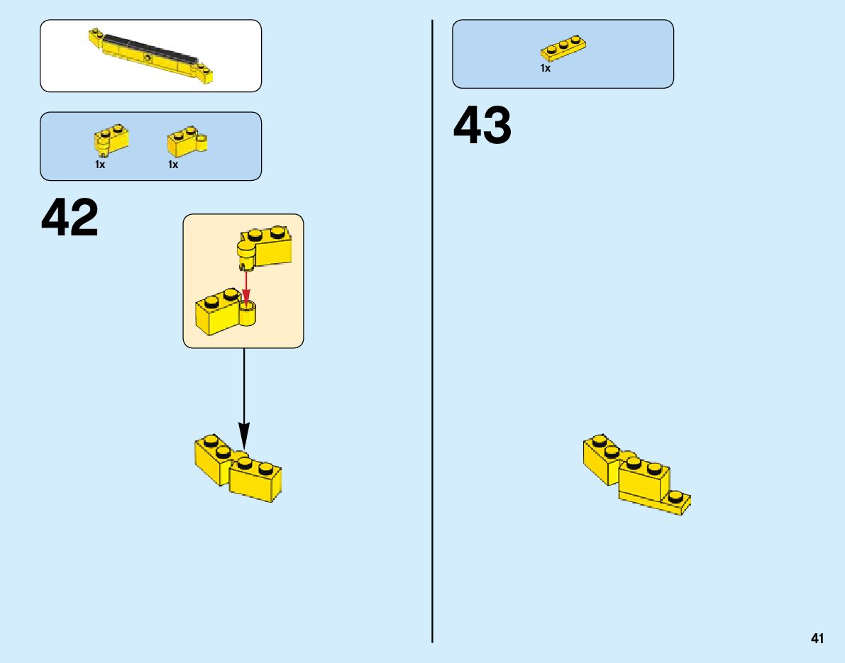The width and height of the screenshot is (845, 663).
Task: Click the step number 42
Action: point(70,218)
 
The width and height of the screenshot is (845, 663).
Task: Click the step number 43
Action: point(482,126)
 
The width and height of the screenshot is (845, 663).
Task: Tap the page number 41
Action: point(817,639)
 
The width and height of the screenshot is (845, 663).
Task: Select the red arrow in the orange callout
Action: point(246,287)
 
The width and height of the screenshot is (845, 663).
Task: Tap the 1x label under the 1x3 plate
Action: point(546,69)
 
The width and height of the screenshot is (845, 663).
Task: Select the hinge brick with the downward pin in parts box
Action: point(111,140)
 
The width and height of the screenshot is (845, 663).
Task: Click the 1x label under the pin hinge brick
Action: point(100,165)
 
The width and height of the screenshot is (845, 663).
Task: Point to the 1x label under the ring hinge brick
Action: point(173,165)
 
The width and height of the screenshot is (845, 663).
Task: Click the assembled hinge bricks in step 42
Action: point(238,469)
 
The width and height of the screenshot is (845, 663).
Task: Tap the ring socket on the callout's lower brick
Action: point(248,313)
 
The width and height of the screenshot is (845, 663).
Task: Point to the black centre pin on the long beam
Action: point(147,57)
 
